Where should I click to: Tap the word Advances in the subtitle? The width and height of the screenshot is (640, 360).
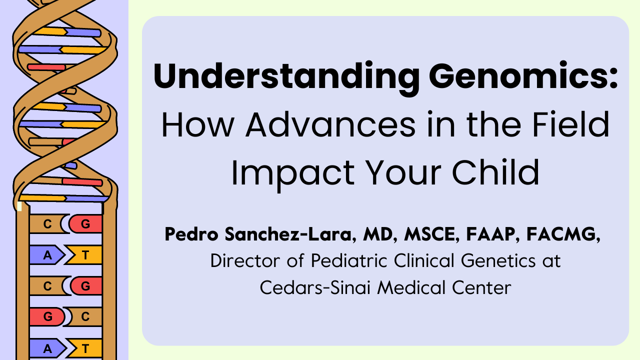[x=330, y=125]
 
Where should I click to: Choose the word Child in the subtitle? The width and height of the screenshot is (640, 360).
[x=495, y=172]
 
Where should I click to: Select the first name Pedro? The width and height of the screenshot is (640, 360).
[x=191, y=234]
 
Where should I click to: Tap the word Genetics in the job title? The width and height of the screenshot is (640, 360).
[x=498, y=261]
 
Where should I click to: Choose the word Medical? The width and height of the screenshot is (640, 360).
[x=411, y=287]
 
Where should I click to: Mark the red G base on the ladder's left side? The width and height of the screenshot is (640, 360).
[x=47, y=316]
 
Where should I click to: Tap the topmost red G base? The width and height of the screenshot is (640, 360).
[x=85, y=223]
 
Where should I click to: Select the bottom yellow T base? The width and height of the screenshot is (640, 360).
[x=85, y=348]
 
